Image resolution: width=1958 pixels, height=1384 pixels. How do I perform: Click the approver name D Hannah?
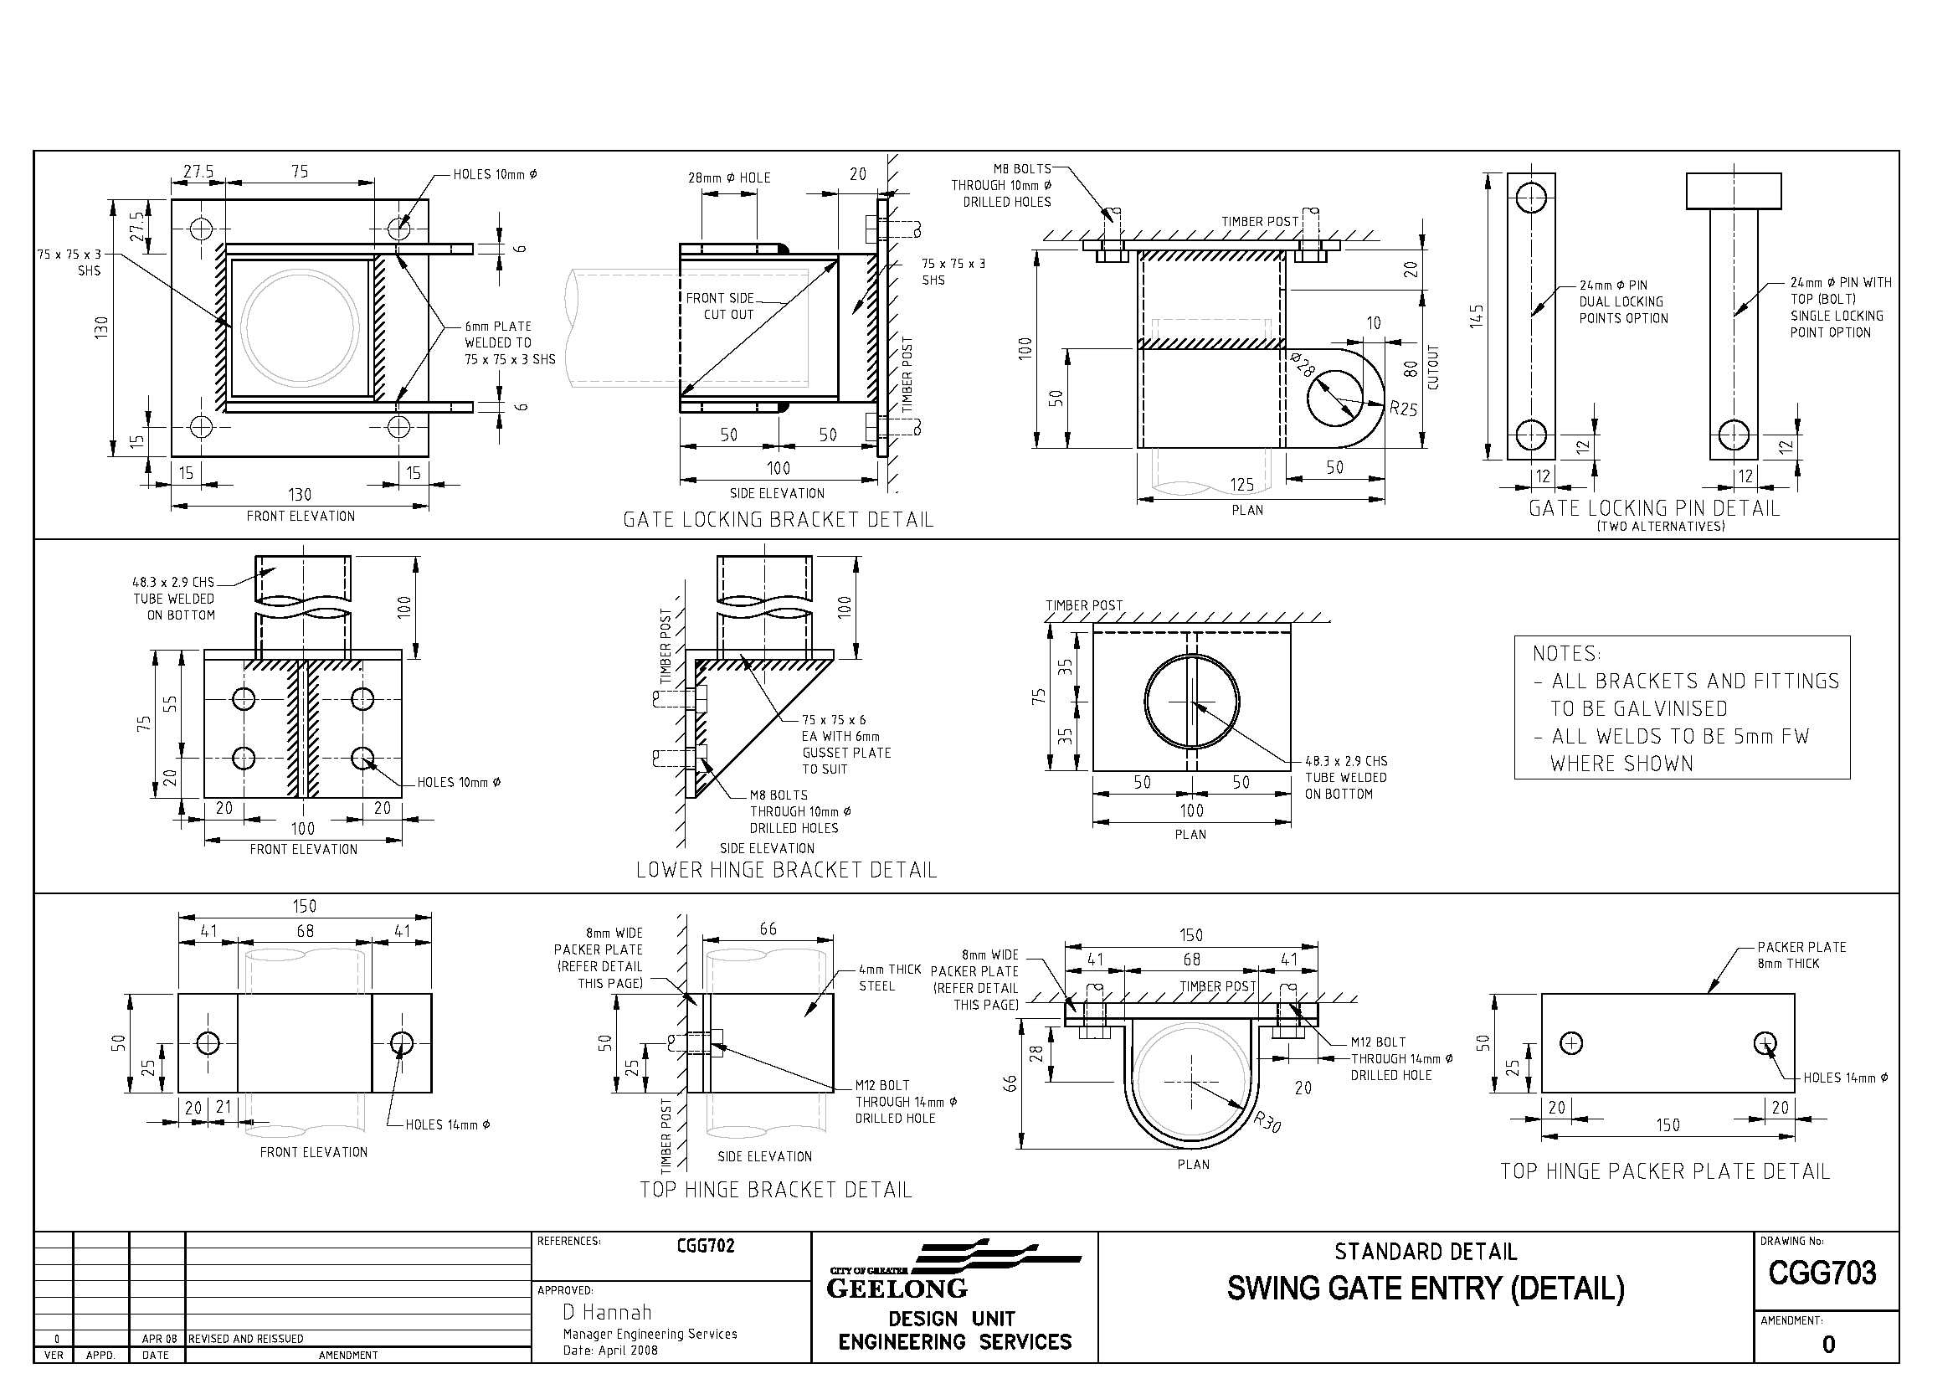pos(606,1311)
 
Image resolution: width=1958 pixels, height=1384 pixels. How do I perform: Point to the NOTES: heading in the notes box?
pos(1565,654)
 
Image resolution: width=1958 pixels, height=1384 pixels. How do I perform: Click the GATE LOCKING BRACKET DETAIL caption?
pos(778,519)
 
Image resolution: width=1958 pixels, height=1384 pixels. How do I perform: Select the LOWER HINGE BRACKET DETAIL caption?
pos(785,870)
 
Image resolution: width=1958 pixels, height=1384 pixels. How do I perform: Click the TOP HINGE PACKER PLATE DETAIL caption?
pos(1664,1171)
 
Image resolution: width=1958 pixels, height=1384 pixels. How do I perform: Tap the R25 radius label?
pos(1403,409)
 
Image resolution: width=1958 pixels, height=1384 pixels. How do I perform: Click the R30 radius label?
pos(1268,1122)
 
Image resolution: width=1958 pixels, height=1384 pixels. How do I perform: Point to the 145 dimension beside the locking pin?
pos(1477,316)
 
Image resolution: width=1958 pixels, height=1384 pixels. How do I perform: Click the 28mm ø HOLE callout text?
pos(729,178)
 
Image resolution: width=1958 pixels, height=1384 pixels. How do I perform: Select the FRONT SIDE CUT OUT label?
pos(721,306)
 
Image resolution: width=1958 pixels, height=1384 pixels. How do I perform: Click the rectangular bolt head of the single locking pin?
pos(1733,191)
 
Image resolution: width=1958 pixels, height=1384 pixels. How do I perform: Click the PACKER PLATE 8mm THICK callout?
pos(1801,955)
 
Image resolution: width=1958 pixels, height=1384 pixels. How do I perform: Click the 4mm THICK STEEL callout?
pos(889,977)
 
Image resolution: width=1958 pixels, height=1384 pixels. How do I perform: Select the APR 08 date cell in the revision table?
pos(158,1339)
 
